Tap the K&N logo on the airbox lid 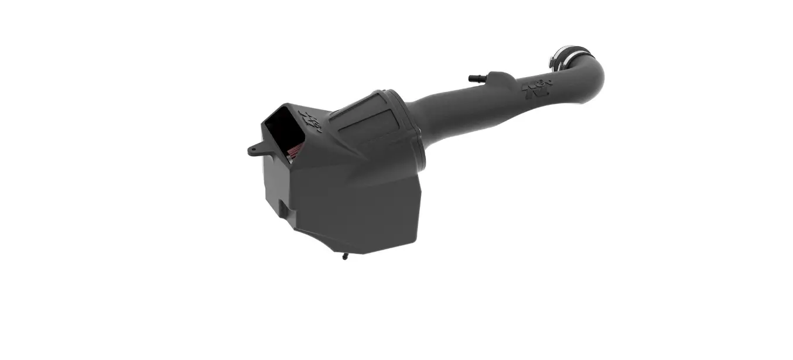[309, 121]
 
